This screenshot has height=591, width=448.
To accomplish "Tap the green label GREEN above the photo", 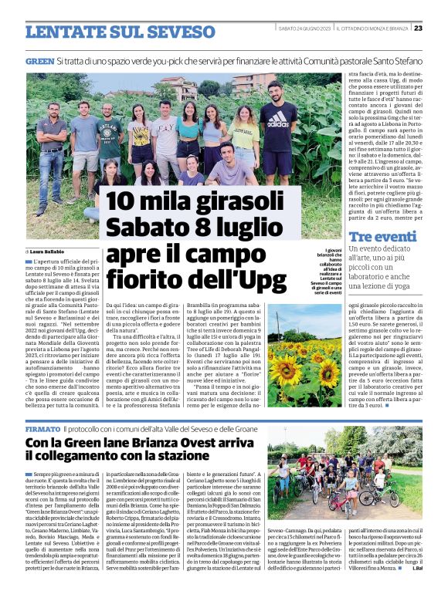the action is pos(39,60).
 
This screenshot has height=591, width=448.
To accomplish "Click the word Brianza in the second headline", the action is pos(154,443).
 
